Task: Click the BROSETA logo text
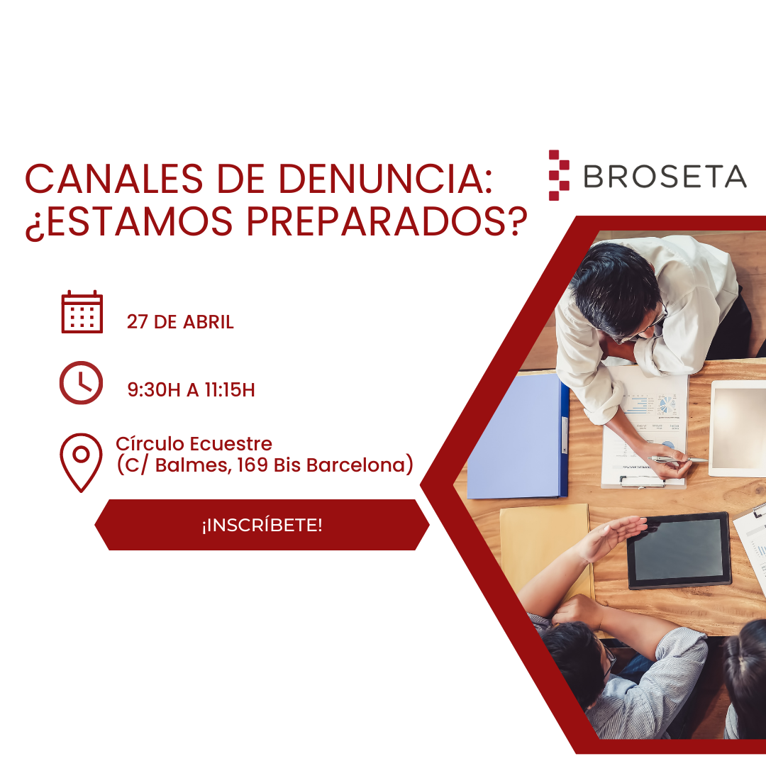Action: click(665, 176)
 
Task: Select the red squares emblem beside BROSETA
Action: click(559, 175)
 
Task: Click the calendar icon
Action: click(82, 312)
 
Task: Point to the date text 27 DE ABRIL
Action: click(180, 322)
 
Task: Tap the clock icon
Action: click(81, 383)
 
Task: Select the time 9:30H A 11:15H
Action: click(191, 389)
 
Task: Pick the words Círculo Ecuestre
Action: click(194, 444)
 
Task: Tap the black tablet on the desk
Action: click(679, 550)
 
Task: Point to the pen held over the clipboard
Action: click(677, 460)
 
